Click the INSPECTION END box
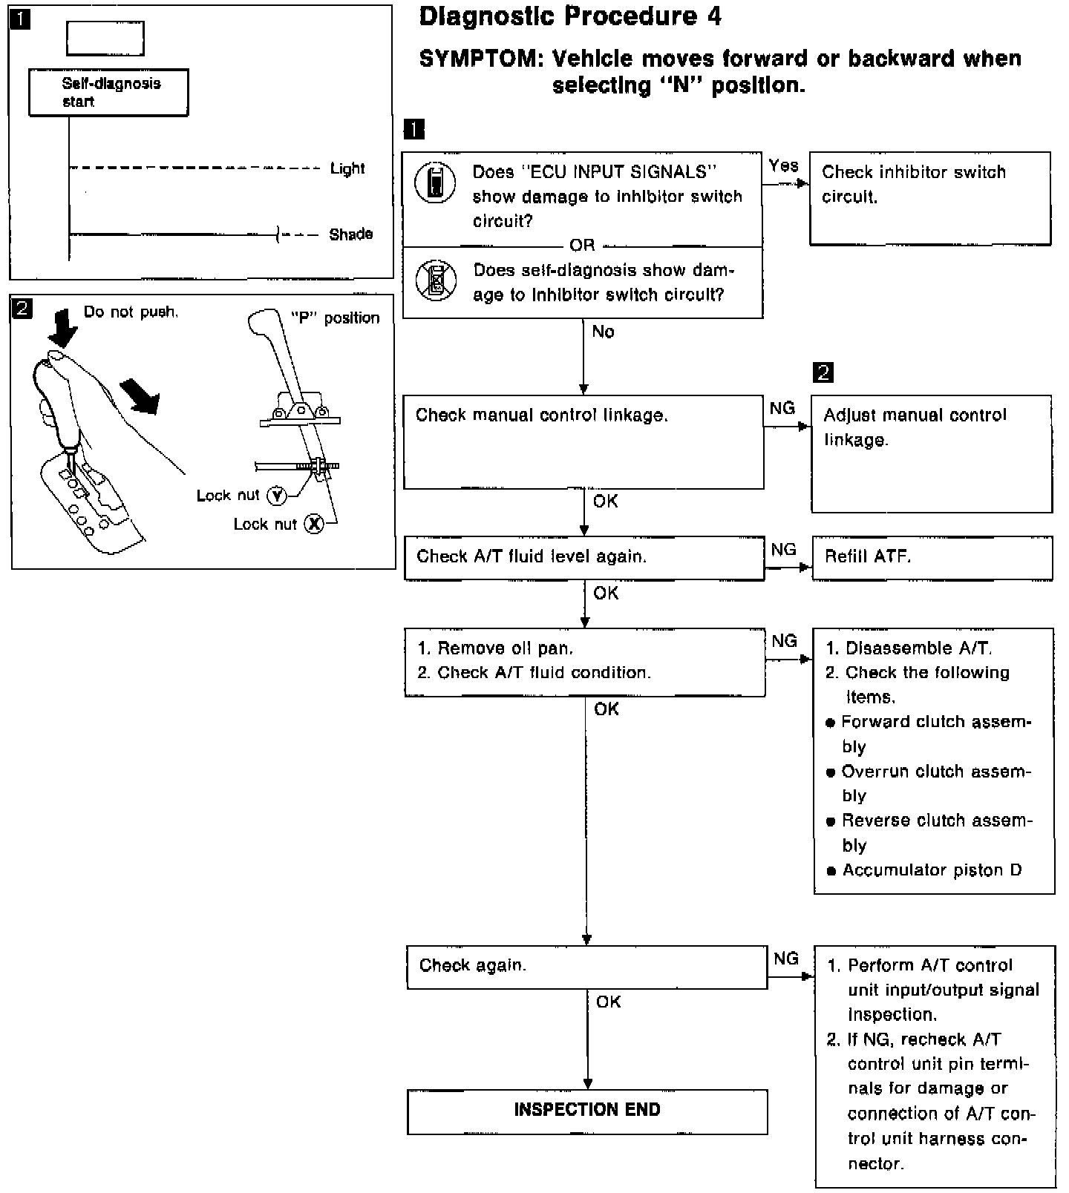586,1111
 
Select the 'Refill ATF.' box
932,557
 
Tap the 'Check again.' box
586,966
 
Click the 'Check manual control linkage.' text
542,415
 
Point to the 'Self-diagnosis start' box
108,93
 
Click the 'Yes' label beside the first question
783,165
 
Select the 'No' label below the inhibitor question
603,332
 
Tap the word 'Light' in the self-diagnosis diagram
347,168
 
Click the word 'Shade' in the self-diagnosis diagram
350,234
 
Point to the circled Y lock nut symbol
276,496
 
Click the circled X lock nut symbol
315,525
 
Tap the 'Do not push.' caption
131,312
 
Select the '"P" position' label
335,318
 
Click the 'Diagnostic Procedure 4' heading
569,17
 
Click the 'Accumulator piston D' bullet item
931,870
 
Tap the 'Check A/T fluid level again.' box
583,557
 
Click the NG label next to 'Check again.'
785,959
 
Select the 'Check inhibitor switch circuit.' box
929,198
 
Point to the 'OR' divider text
582,245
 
